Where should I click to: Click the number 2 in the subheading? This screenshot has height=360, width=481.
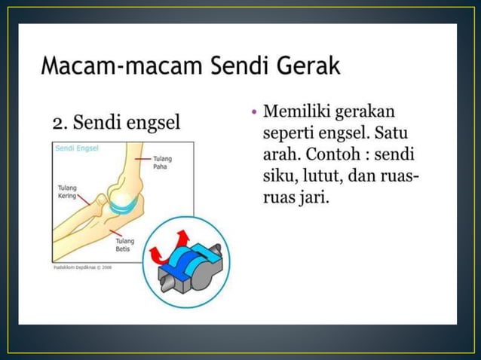point(58,122)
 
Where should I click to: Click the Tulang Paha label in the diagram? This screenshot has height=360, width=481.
point(161,163)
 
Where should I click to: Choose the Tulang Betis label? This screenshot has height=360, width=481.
point(124,245)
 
